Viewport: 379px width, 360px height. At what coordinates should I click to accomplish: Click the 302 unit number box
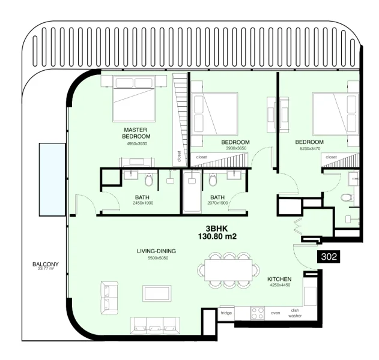(x=328, y=256)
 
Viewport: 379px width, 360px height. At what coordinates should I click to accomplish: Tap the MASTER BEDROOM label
(x=135, y=133)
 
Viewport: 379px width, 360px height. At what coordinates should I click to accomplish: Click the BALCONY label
(x=44, y=264)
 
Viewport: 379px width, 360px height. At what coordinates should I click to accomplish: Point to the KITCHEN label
(x=279, y=280)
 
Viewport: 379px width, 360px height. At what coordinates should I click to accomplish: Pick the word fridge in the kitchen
(x=226, y=313)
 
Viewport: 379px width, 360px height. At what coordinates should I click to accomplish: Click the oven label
(x=276, y=313)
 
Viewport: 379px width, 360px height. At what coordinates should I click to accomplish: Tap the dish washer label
(x=295, y=313)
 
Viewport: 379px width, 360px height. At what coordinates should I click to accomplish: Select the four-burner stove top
(x=257, y=313)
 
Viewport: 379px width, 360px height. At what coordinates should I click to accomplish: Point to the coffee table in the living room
(x=157, y=293)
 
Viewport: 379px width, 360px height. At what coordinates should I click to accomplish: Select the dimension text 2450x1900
(x=143, y=203)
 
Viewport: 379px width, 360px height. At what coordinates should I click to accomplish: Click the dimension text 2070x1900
(x=218, y=203)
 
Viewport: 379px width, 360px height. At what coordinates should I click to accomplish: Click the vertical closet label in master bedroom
(x=179, y=156)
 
